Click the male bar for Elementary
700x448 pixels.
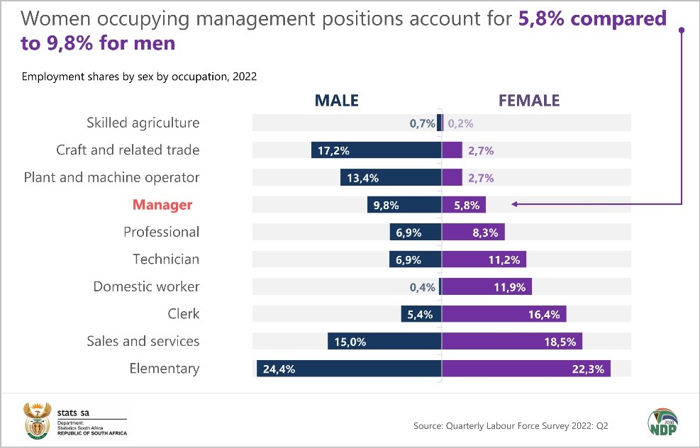(349, 369)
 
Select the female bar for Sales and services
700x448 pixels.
(512, 342)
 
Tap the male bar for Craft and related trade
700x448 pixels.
(376, 150)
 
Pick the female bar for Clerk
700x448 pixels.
(504, 314)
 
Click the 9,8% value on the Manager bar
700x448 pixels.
(387, 206)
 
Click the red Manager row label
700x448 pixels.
(162, 205)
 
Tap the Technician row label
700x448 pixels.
(166, 259)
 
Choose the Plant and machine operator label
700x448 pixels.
(111, 177)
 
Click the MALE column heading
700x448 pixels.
(326, 101)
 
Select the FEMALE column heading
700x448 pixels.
(529, 101)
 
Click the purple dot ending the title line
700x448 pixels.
(682, 30)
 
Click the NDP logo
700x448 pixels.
(662, 422)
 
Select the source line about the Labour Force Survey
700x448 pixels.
(511, 426)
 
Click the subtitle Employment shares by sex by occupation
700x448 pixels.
(139, 77)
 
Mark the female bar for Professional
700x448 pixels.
(473, 233)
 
